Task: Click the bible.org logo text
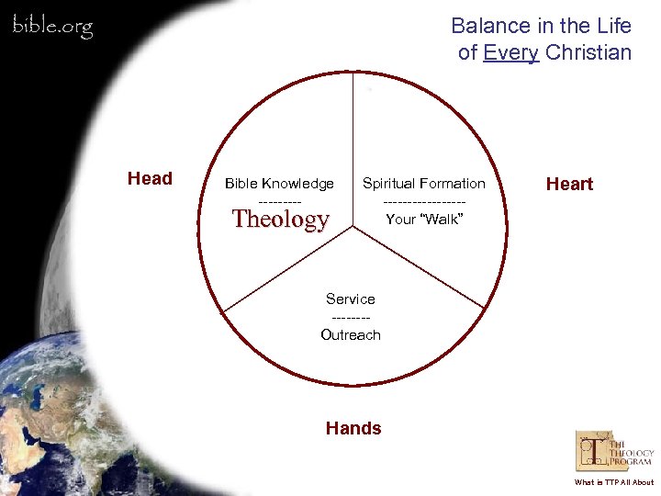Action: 52,27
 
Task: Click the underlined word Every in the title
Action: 510,52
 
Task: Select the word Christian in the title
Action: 588,52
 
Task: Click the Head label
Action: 150,179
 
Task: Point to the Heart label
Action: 569,184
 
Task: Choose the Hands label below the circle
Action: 353,428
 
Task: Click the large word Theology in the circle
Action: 280,219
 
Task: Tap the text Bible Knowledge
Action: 279,184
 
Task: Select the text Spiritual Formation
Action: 424,184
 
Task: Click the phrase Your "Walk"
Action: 423,219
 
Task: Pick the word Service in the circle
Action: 351,299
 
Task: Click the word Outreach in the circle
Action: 351,334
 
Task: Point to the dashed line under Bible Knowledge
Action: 279,201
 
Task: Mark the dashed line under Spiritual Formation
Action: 424,201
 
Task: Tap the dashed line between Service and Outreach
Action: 351,317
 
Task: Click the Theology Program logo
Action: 614,453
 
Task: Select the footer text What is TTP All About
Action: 614,482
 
